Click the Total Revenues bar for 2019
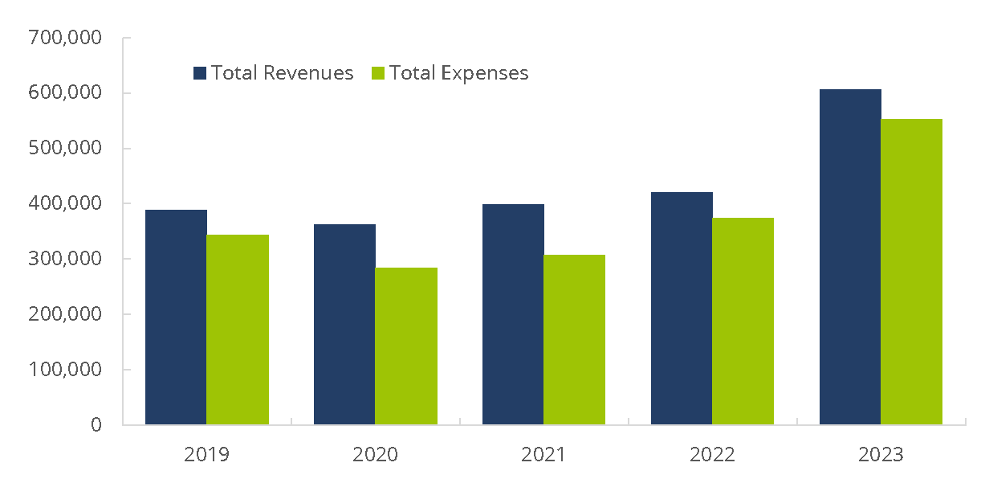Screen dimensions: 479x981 tap(176, 317)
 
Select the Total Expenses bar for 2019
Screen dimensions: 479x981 tap(238, 330)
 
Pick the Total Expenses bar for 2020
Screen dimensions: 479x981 tap(406, 346)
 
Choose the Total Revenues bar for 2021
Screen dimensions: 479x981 tap(513, 314)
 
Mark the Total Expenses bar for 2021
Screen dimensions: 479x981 tap(575, 339)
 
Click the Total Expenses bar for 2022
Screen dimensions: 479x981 tap(743, 321)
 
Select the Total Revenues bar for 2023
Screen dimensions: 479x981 tap(850, 256)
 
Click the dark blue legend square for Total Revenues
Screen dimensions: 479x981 tap(201, 73)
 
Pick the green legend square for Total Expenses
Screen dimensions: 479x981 tap(379, 73)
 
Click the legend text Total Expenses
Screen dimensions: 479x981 tap(459, 73)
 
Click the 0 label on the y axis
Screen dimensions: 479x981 tap(96, 425)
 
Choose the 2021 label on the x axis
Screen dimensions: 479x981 tap(543, 455)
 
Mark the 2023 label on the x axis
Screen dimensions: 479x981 tap(881, 455)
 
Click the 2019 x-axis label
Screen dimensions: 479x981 tap(206, 455)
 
